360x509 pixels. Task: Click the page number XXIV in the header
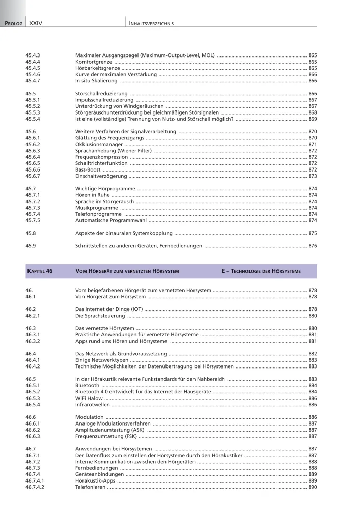35,23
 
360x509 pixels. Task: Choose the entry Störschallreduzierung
101,94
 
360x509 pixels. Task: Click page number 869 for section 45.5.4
312,119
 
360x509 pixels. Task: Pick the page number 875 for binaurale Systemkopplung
312,233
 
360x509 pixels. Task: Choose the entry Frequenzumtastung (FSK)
106,436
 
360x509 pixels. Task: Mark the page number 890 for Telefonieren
312,487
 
